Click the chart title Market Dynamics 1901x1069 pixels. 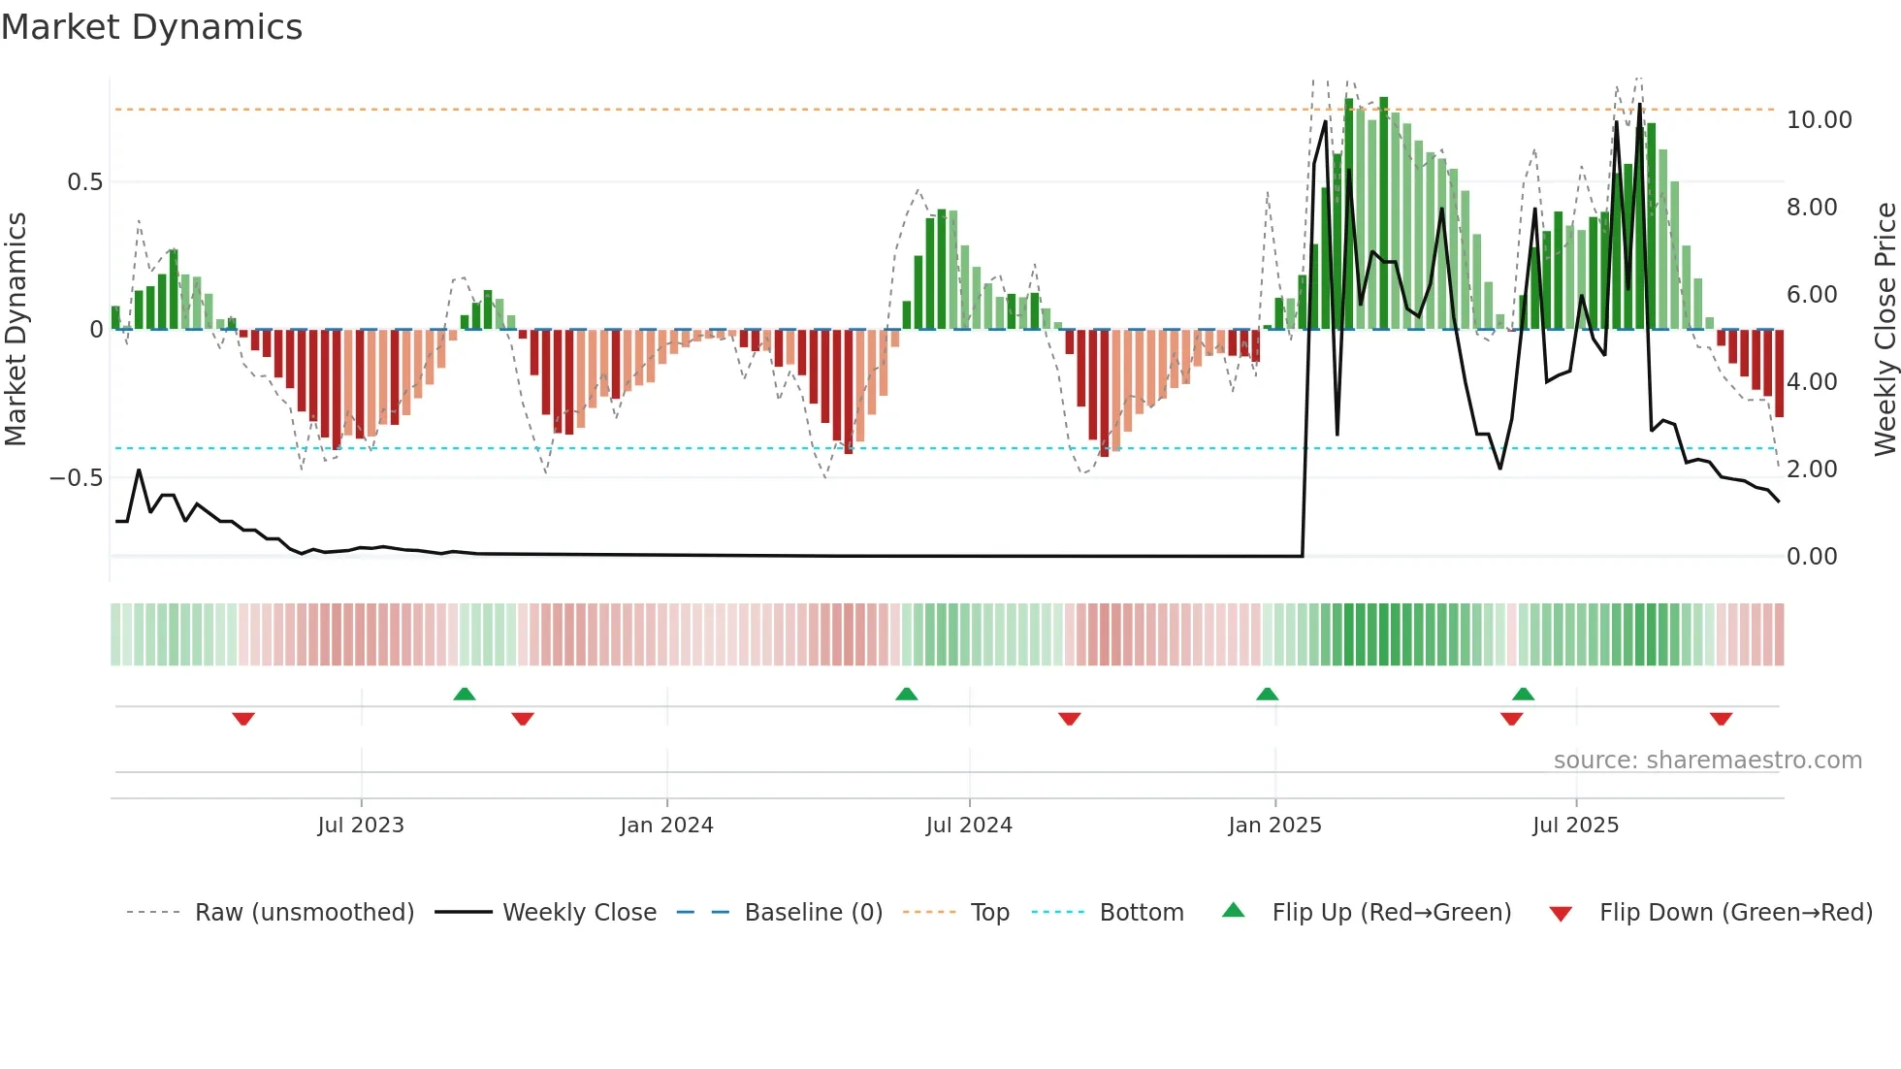tap(152, 27)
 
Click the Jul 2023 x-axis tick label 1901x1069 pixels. tap(361, 825)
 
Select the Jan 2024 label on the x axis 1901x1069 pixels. tap(666, 825)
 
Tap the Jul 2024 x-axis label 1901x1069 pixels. tap(969, 825)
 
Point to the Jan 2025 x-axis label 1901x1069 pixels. tap(1274, 825)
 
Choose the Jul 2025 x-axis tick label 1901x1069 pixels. tap(1576, 825)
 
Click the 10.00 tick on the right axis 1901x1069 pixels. tap(1819, 120)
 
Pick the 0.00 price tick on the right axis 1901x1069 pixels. tap(1812, 557)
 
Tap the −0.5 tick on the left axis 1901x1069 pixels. tap(76, 478)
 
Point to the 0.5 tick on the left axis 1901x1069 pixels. tap(84, 182)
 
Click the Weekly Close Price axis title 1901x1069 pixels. tap(1885, 330)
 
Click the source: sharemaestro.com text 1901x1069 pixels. tap(1707, 761)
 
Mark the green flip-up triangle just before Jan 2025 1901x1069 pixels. tap(1267, 695)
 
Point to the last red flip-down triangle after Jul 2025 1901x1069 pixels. tap(1721, 719)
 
